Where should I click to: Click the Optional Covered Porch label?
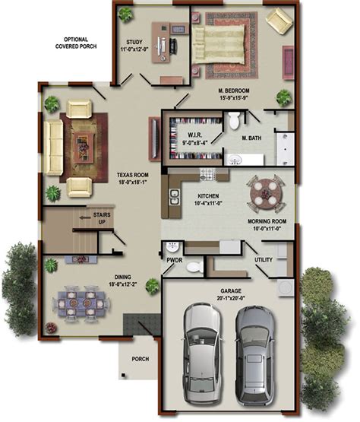pos(76,43)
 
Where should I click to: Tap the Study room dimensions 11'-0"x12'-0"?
pos(134,49)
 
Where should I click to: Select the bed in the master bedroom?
pos(218,44)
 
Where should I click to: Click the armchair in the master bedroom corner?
pos(279,20)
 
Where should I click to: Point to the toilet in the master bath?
pos(234,121)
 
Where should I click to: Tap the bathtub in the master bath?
pos(286,148)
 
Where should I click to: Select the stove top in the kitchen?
pos(207,174)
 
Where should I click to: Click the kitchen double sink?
pos(174,197)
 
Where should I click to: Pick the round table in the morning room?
pos(266,193)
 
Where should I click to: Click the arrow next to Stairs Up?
pos(85,217)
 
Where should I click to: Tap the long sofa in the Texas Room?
pos(53,147)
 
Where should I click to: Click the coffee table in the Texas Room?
pos(84,147)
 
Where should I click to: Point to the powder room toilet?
pos(195,267)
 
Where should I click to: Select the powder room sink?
pos(172,247)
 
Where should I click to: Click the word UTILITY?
pos(264,260)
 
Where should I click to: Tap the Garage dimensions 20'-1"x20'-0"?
pos(231,298)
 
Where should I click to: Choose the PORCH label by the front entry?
pos(141,359)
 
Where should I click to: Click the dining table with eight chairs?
pos(81,303)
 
